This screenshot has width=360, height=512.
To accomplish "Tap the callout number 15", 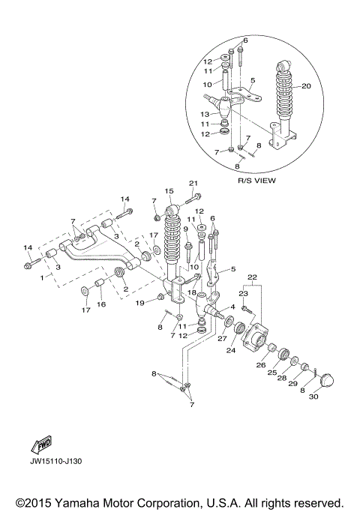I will [x=169, y=191].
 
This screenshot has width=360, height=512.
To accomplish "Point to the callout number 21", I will [x=193, y=184].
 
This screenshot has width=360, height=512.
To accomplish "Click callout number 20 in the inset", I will [x=305, y=86].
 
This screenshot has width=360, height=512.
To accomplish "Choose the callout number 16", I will [x=100, y=305].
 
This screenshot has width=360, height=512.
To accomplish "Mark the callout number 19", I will [x=140, y=304].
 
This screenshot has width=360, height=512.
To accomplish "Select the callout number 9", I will [x=185, y=229].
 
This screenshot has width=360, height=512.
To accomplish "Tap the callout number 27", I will [x=221, y=338].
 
